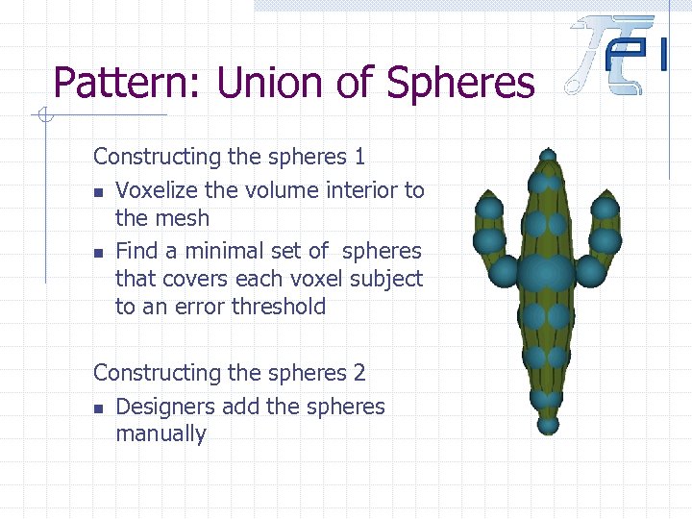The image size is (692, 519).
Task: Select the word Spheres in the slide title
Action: pyautogui.click(x=459, y=83)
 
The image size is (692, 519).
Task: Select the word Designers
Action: pyautogui.click(x=165, y=407)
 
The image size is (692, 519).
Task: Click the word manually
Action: pyautogui.click(x=161, y=433)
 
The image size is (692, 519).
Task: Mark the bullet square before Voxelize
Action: pyautogui.click(x=99, y=192)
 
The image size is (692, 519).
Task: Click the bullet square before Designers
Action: pyautogui.click(x=99, y=408)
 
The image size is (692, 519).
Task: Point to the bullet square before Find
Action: pyautogui.click(x=99, y=253)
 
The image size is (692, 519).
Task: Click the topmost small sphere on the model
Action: pyautogui.click(x=548, y=155)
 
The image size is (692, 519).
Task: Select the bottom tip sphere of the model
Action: pyautogui.click(x=548, y=423)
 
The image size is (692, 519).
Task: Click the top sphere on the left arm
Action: pyautogui.click(x=490, y=208)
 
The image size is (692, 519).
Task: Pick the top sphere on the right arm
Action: pyautogui.click(x=605, y=208)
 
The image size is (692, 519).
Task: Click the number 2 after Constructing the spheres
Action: pyautogui.click(x=358, y=372)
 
